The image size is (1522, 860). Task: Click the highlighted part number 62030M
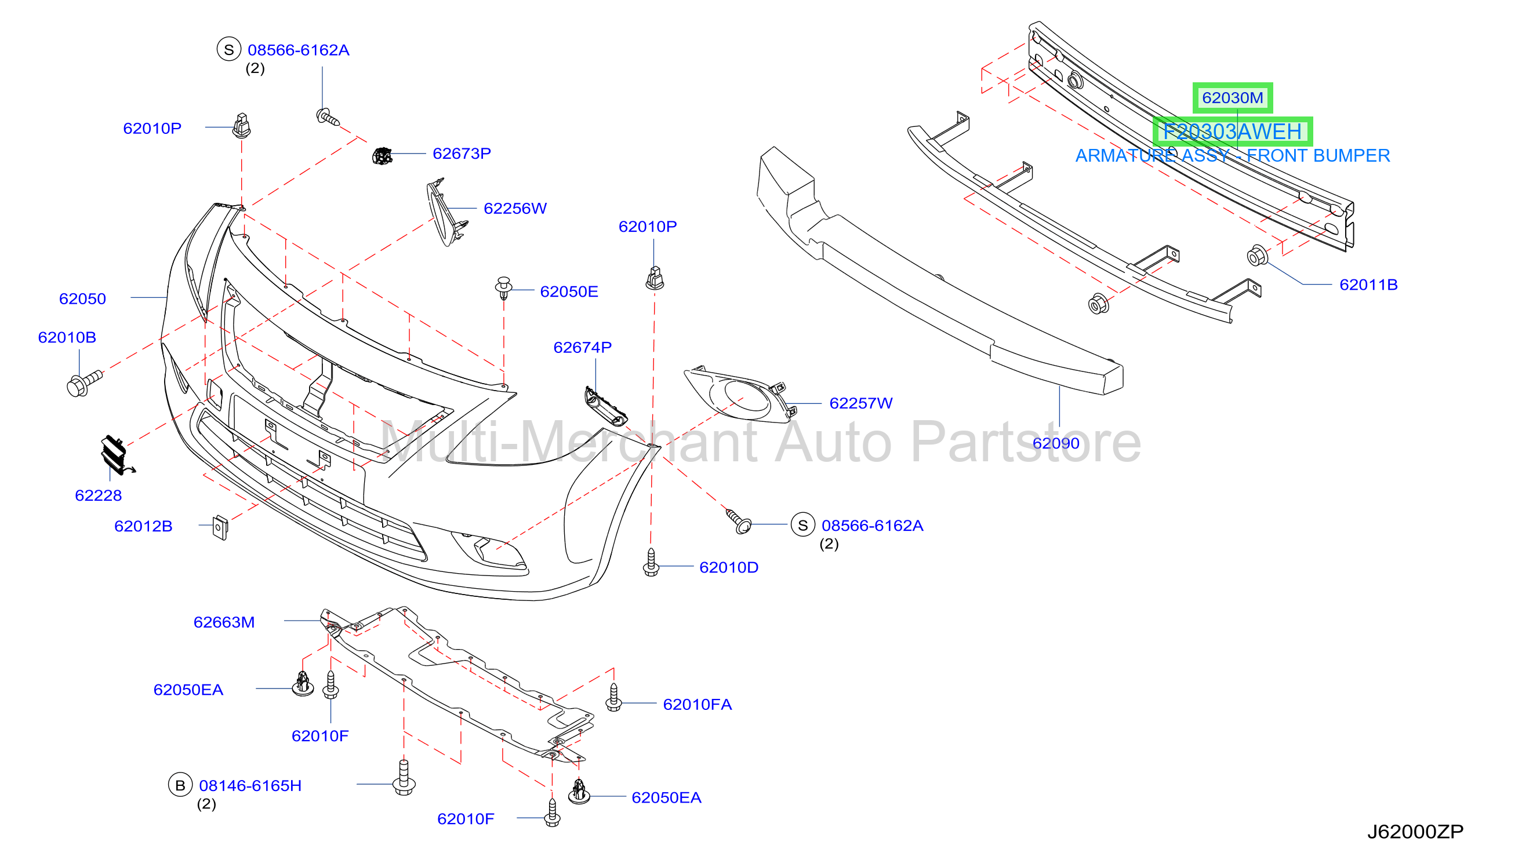(1232, 97)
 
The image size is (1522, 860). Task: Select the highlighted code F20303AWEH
(1232, 131)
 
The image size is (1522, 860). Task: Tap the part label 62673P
(462, 154)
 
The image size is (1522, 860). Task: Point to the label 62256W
(515, 209)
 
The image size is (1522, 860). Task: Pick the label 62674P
(582, 347)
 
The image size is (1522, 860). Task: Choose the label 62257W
(860, 403)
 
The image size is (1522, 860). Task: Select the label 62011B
(1368, 285)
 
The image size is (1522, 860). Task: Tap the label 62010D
(728, 567)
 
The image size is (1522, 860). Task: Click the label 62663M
(224, 622)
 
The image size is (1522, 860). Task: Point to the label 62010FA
(697, 704)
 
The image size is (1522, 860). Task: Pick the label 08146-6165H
(250, 786)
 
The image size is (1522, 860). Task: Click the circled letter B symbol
(180, 785)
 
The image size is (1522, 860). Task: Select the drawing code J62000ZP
(1415, 832)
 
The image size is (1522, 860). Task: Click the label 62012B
(143, 526)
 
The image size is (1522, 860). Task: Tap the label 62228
(98, 495)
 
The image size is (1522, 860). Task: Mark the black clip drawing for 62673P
(382, 156)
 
